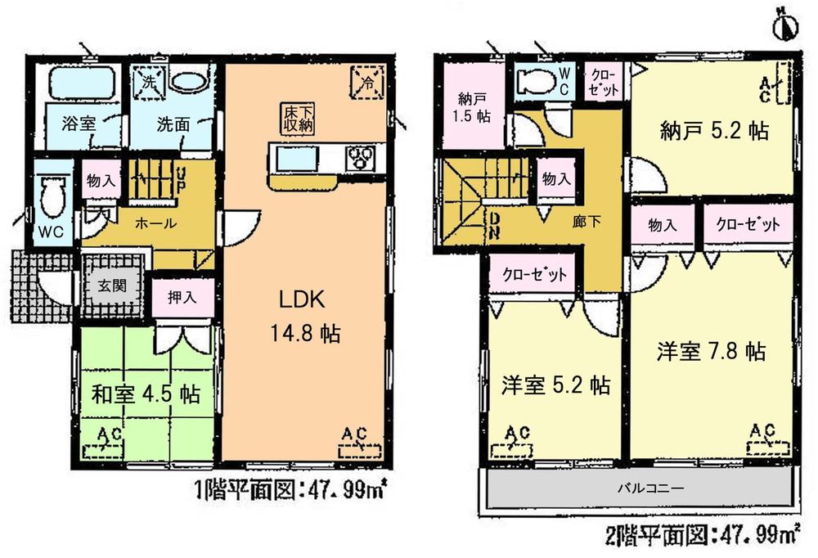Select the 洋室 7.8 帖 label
tap(711, 353)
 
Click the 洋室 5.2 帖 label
tap(555, 385)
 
